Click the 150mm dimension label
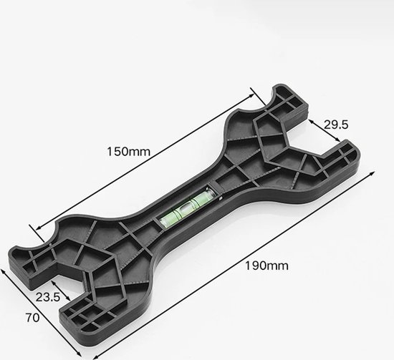[x=128, y=152]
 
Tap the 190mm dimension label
[x=266, y=266]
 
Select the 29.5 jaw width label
[x=336, y=125]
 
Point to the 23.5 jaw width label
[x=48, y=297]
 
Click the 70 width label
[x=32, y=318]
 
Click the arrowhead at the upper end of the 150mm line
[x=251, y=96]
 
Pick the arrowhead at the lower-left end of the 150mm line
[x=39, y=228]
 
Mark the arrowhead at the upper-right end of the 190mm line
[x=372, y=174]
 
